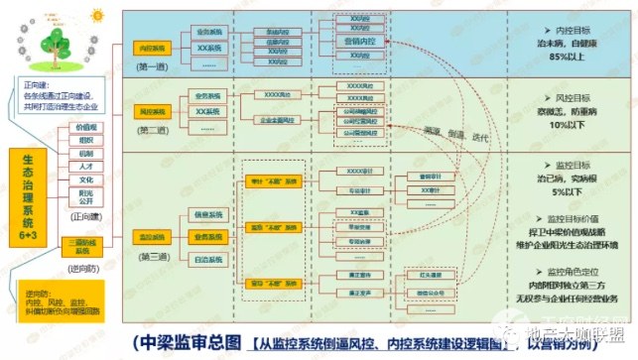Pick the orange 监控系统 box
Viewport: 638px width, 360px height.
tap(148, 238)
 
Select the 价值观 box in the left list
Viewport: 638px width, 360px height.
tap(86, 127)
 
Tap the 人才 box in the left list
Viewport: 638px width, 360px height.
tap(86, 168)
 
